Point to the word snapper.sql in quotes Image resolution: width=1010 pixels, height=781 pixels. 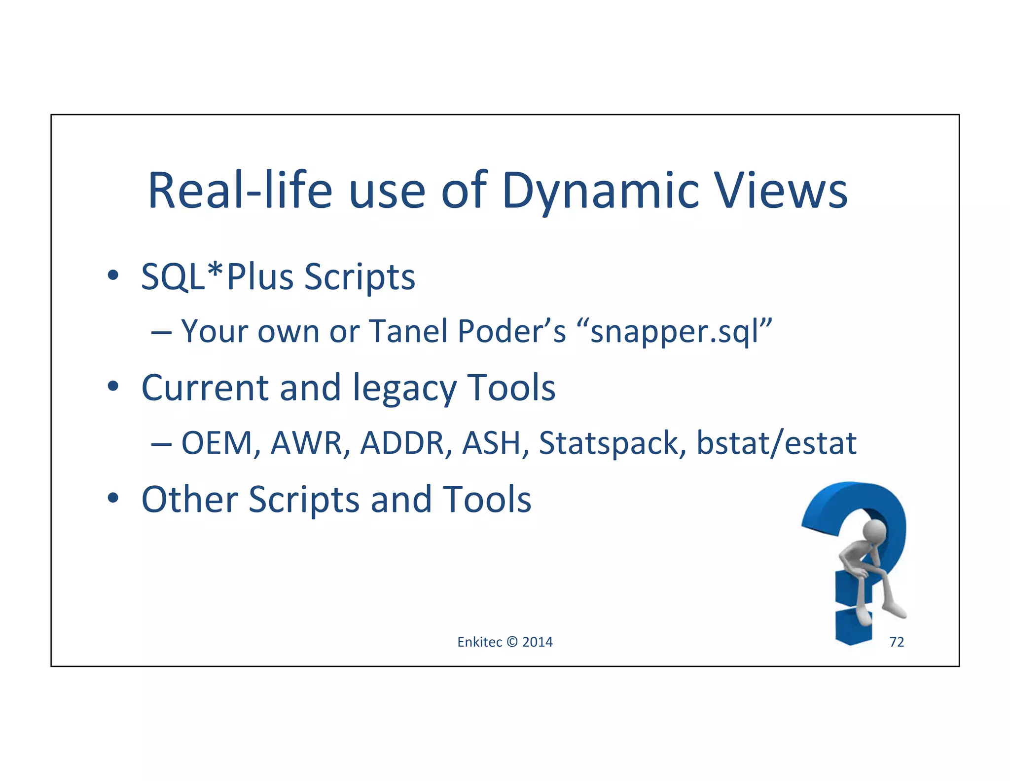coord(681,331)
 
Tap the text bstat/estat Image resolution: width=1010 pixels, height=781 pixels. coord(776,443)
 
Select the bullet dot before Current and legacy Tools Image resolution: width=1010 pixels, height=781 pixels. coord(113,387)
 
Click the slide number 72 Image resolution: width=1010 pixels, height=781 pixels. coord(896,642)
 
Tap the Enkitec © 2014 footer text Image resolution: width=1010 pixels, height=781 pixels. coord(505,642)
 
